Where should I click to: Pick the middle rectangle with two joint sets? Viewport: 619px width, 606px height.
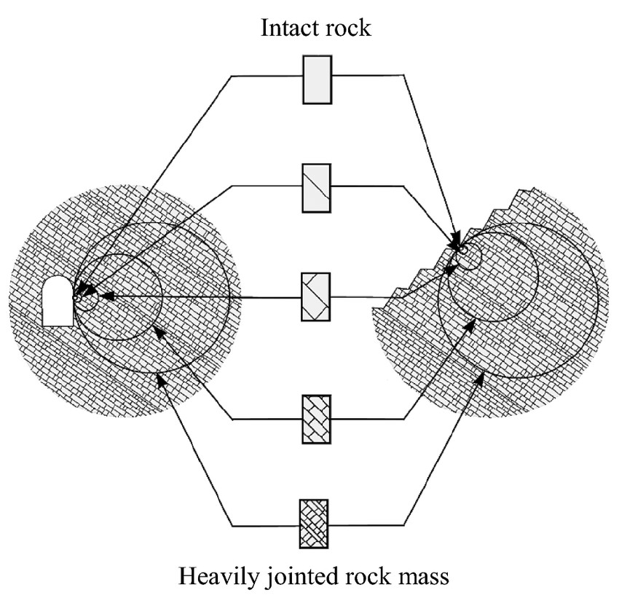click(316, 296)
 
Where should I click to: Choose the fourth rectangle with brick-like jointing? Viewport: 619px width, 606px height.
click(316, 418)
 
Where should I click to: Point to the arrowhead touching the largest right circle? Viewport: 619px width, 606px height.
click(481, 374)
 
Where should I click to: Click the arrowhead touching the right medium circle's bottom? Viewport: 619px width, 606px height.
click(467, 325)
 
